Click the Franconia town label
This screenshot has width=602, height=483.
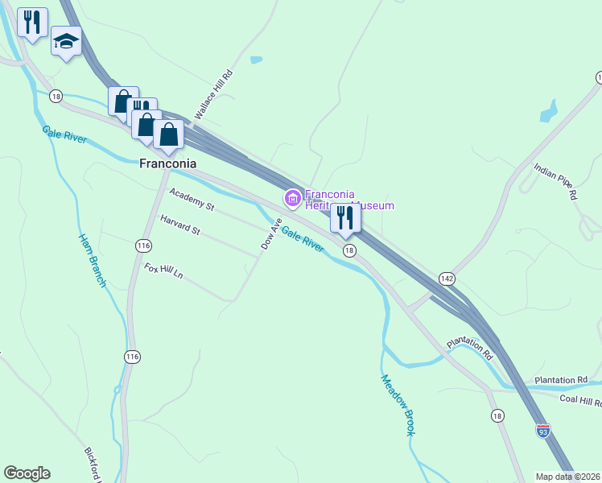tap(167, 163)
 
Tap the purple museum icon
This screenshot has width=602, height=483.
tap(292, 197)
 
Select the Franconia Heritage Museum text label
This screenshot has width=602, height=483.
tap(348, 200)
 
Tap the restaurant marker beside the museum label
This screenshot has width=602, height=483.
tap(345, 217)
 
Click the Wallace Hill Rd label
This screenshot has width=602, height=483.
tap(213, 96)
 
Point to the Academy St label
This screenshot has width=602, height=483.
tap(192, 200)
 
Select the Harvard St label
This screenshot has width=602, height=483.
tap(179, 225)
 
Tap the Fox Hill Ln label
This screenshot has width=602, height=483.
tap(163, 271)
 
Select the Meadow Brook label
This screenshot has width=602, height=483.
tap(398, 406)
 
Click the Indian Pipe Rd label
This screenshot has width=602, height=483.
tap(556, 182)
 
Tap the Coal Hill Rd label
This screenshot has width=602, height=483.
tap(580, 402)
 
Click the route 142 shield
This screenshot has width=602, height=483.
tap(447, 278)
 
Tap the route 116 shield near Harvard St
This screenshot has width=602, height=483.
tap(143, 245)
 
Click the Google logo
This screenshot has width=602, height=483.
tap(27, 473)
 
